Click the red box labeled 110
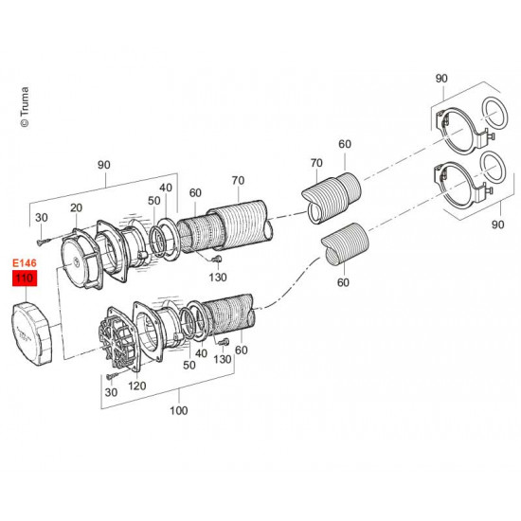25,278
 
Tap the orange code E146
25,263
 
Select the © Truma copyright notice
25,107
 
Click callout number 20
76,207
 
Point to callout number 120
137,386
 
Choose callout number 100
179,411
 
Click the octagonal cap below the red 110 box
32,333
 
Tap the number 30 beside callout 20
42,218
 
